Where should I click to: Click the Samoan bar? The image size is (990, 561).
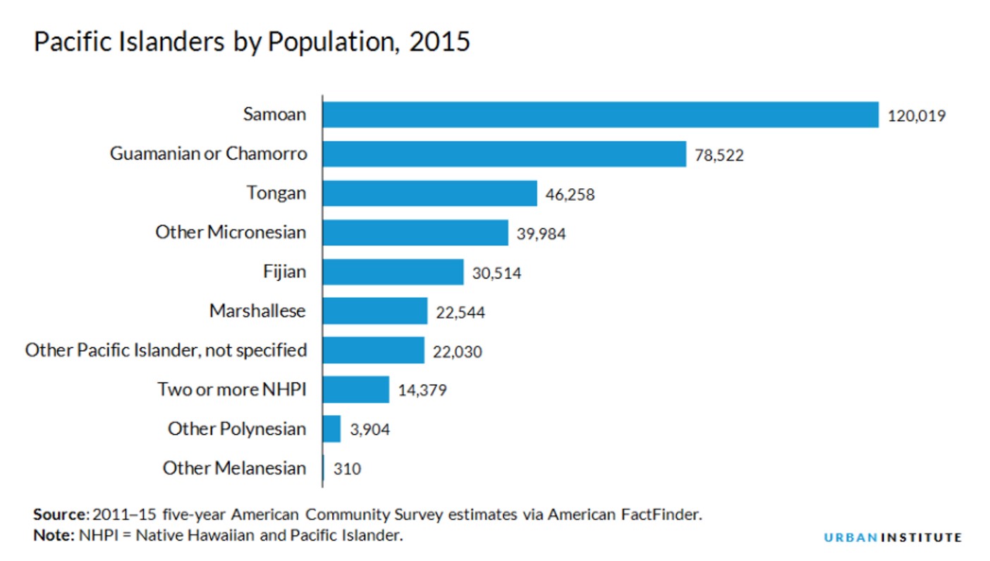click(600, 115)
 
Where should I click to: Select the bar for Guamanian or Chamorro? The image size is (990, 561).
click(504, 154)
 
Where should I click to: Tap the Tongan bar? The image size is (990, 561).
click(429, 193)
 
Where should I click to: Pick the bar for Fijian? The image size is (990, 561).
click(393, 272)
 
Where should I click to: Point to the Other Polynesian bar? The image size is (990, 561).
click(331, 429)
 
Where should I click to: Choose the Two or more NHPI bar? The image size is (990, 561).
click(355, 389)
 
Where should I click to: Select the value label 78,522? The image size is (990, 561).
click(719, 155)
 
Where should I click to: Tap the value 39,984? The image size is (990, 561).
click(542, 234)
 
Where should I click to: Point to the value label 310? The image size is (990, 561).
click(347, 469)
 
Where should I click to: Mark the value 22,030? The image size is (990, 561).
click(458, 352)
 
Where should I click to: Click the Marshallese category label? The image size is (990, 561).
click(257, 311)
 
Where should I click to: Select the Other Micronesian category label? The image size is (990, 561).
click(231, 232)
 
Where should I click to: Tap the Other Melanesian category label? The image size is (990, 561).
click(234, 468)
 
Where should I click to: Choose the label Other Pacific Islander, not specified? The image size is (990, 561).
click(166, 350)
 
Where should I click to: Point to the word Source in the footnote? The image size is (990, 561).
click(59, 514)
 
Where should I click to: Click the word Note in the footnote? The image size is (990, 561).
click(51, 535)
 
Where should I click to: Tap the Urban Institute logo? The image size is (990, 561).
click(892, 538)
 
